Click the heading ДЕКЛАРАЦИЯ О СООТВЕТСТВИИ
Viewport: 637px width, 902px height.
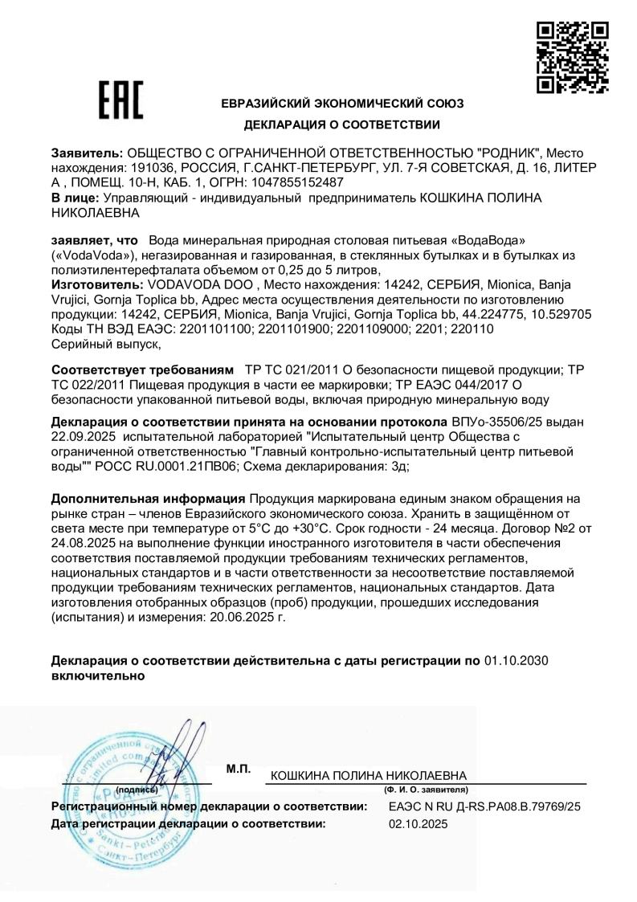point(342,124)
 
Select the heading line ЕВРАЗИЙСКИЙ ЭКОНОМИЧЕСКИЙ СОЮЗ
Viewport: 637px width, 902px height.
point(342,103)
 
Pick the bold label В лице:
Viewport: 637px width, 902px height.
point(77,197)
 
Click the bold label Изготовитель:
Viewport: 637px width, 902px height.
point(95,284)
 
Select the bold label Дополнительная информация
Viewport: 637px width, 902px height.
point(148,498)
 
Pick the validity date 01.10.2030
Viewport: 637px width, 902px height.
point(517,660)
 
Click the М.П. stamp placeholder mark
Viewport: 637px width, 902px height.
point(239,769)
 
